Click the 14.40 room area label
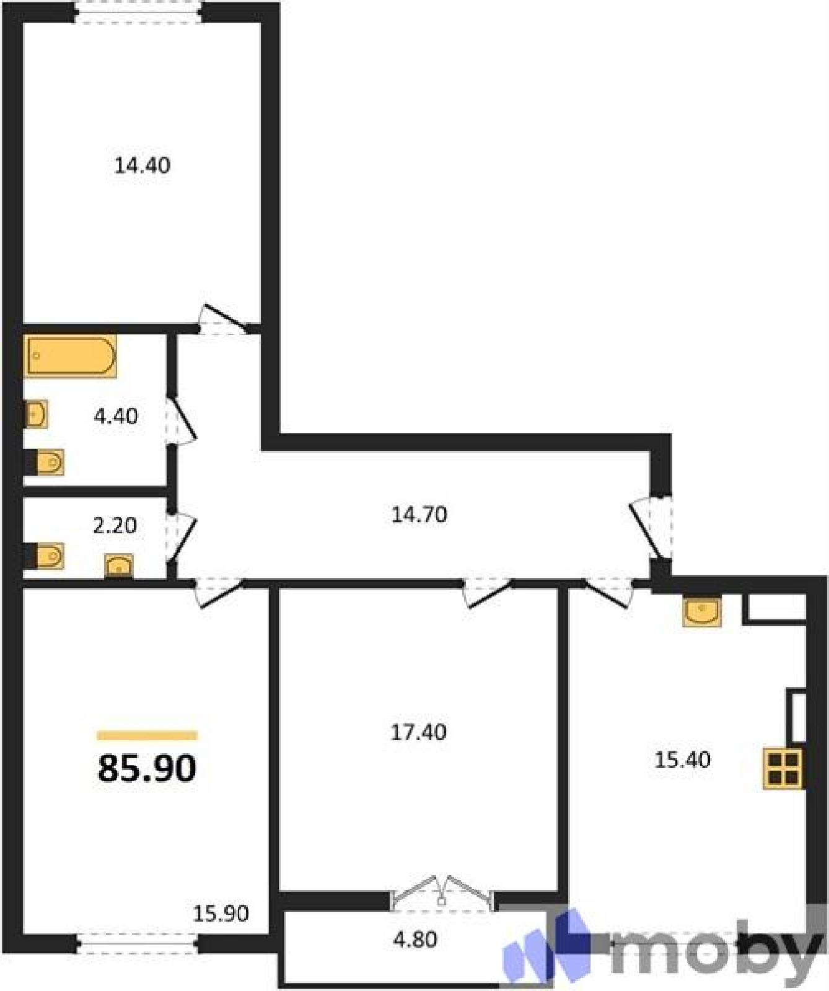(x=142, y=165)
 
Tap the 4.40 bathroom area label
(x=115, y=416)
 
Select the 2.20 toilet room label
(x=115, y=526)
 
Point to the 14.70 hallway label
(x=419, y=515)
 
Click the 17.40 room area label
(x=418, y=733)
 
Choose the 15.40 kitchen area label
(x=682, y=760)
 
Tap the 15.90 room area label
(x=221, y=913)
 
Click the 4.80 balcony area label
(x=415, y=940)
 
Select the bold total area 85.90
(x=147, y=769)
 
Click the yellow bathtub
(x=70, y=356)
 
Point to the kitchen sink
(x=701, y=611)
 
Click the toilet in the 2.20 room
(x=45, y=556)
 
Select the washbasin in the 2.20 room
(x=118, y=566)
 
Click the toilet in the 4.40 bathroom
(x=45, y=462)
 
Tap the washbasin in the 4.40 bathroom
(x=36, y=414)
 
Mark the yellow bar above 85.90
(x=147, y=736)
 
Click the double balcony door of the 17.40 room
(x=442, y=894)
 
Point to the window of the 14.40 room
(x=139, y=12)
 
